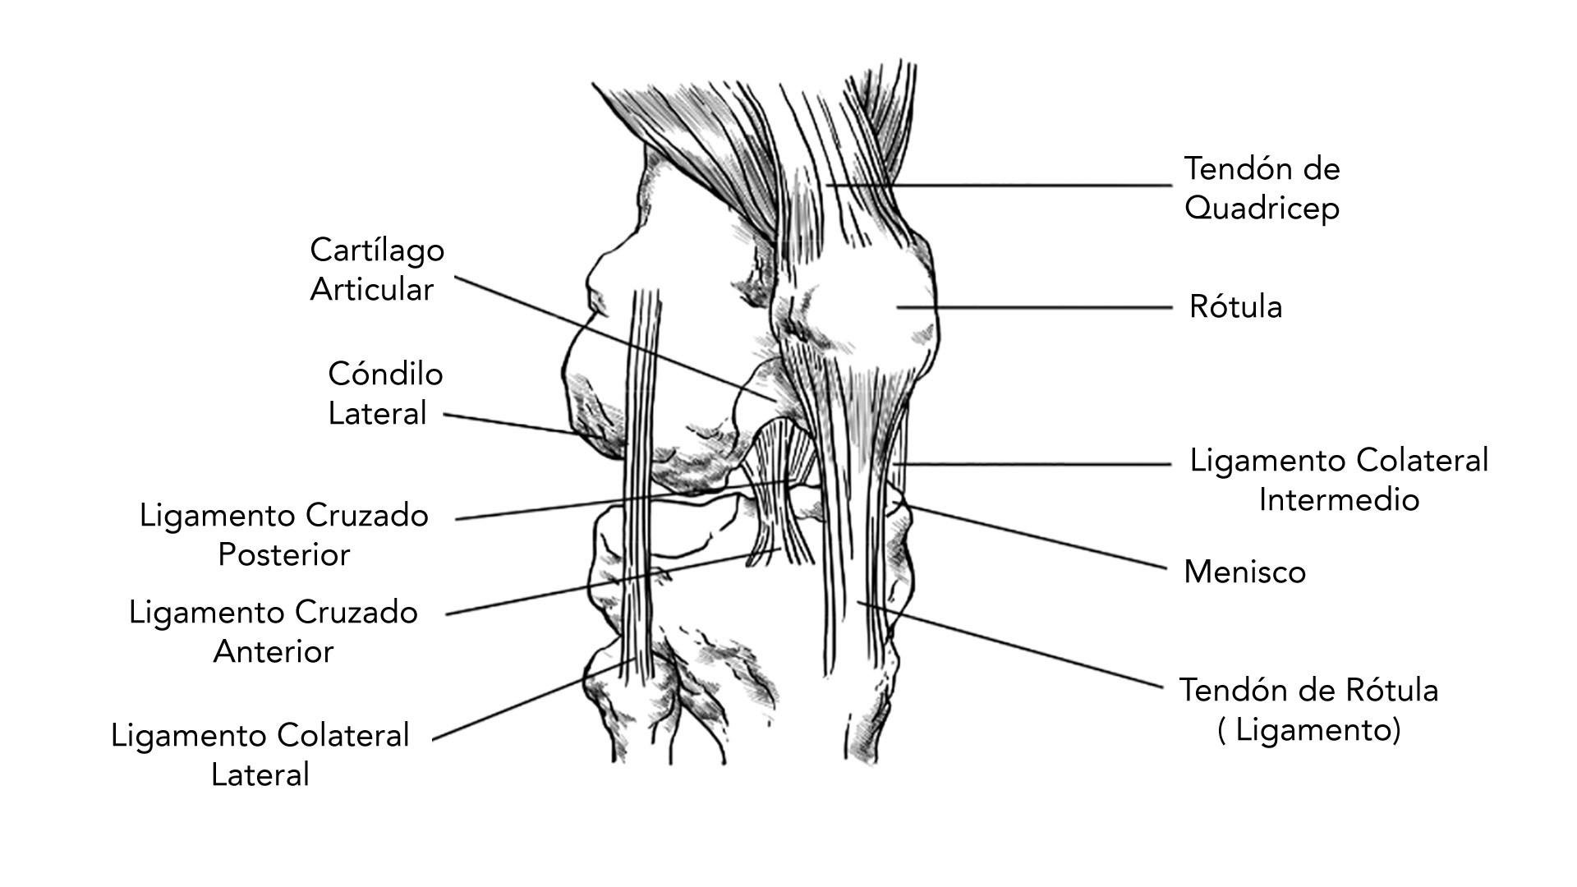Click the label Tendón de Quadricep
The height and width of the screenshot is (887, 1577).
[x=1262, y=188]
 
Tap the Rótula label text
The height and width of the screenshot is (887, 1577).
[x=1235, y=307]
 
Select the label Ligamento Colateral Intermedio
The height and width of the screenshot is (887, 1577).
[x=1339, y=480]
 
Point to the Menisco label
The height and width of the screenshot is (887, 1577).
[x=1244, y=572]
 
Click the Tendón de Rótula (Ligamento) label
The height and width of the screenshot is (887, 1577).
[x=1309, y=710]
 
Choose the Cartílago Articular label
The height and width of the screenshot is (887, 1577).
[x=377, y=269]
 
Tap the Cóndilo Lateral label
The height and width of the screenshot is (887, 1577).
[x=385, y=393]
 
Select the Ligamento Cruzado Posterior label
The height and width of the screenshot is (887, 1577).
[x=284, y=535]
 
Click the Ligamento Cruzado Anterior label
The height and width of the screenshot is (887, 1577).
[x=274, y=632]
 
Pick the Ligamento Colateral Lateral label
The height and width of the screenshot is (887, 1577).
[x=260, y=755]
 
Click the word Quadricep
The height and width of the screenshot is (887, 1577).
[x=1262, y=209]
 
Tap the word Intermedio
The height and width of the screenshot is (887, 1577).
[x=1339, y=499]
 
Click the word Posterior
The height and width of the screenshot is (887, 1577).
[x=284, y=554]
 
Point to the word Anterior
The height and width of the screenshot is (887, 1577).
[x=274, y=651]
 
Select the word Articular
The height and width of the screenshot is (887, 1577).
[x=372, y=289]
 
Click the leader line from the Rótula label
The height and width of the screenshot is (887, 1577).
[x=1034, y=308]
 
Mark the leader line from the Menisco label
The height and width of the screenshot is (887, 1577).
[x=1036, y=537]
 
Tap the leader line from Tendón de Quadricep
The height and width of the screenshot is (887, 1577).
[x=999, y=186]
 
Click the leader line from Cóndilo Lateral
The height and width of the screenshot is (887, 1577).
[x=509, y=424]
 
